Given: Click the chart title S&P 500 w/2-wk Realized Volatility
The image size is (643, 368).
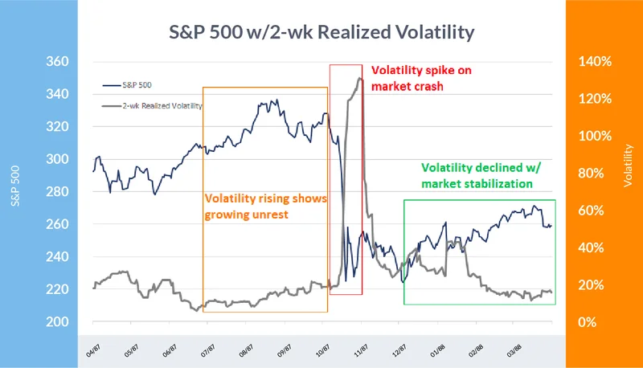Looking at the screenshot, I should coord(321,32).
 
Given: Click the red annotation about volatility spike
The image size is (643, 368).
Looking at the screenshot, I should coord(420,77).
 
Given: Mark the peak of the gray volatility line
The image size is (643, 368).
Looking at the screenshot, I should coord(358,78).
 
